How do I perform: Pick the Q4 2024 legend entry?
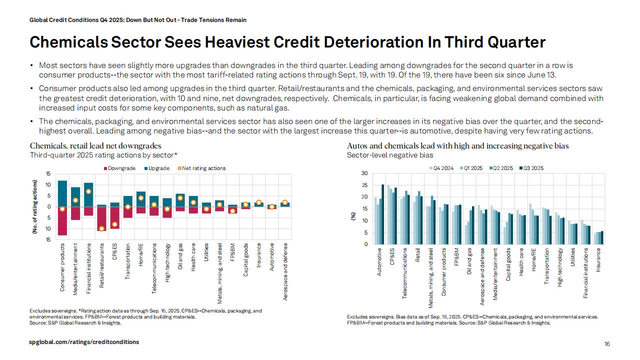(x=443, y=168)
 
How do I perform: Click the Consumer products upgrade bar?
(x=62, y=193)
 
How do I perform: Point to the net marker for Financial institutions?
(x=88, y=191)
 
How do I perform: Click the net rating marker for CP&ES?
(x=114, y=224)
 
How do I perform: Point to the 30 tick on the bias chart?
(x=364, y=173)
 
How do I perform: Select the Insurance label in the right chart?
(x=598, y=260)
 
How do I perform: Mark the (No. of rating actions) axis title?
(x=35, y=206)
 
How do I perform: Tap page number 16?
(x=607, y=344)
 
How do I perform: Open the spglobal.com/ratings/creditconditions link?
(x=84, y=342)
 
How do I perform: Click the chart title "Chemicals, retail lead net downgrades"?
(x=95, y=146)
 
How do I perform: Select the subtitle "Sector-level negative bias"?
(x=390, y=155)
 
